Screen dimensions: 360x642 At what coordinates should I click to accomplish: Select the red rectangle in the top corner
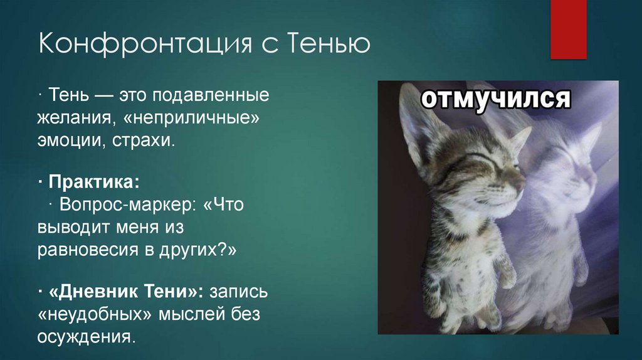pyautogui.click(x=568, y=28)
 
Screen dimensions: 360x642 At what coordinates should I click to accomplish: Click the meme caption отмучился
pyautogui.click(x=495, y=99)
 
